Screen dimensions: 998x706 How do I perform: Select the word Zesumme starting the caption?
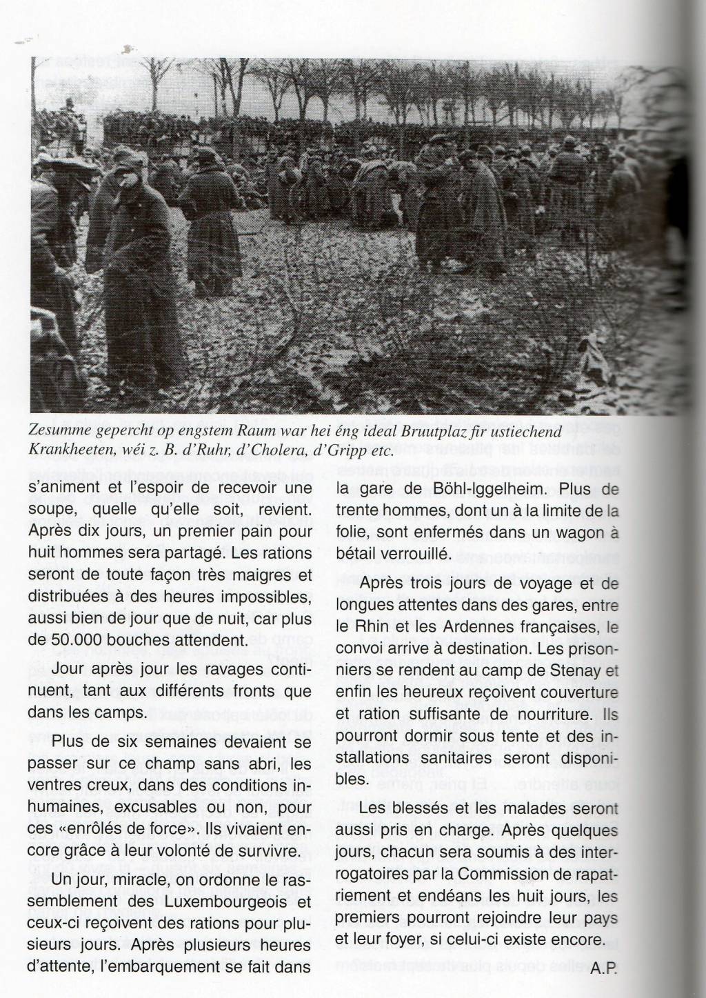[61, 432]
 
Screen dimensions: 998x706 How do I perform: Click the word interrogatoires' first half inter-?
[594, 852]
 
